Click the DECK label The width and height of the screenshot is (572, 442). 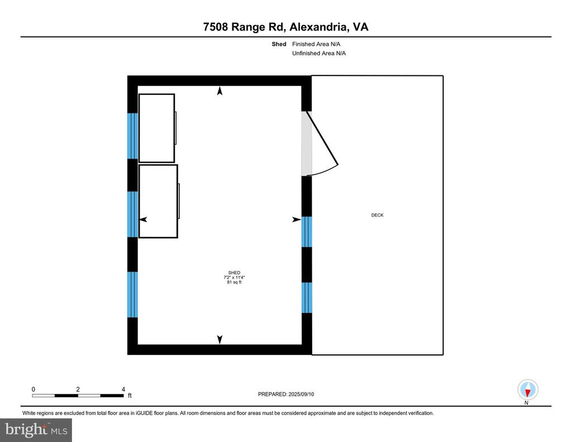[x=377, y=215]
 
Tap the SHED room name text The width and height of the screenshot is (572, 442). [x=234, y=272]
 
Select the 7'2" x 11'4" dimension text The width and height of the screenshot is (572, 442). [x=234, y=277]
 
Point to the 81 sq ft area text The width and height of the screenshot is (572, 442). [x=234, y=282]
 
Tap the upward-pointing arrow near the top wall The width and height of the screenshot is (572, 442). [x=220, y=91]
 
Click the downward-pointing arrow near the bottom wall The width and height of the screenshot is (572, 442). [x=220, y=340]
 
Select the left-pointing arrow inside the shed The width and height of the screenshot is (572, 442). [x=142, y=219]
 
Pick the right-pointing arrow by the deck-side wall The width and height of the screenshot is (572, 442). [x=297, y=219]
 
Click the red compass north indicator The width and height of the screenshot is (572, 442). [x=527, y=393]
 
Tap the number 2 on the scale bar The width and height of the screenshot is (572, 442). [x=78, y=389]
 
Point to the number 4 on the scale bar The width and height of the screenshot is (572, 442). [x=123, y=389]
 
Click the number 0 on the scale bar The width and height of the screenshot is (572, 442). [x=33, y=389]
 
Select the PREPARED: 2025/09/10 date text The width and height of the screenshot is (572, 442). [x=286, y=394]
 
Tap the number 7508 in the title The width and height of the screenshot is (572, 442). [x=216, y=27]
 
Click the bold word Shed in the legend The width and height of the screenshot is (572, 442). [x=279, y=44]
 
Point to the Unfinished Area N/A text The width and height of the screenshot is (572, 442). [x=319, y=53]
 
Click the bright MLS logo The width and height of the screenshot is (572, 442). [x=36, y=430]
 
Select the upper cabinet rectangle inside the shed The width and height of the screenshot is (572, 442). [x=156, y=128]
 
